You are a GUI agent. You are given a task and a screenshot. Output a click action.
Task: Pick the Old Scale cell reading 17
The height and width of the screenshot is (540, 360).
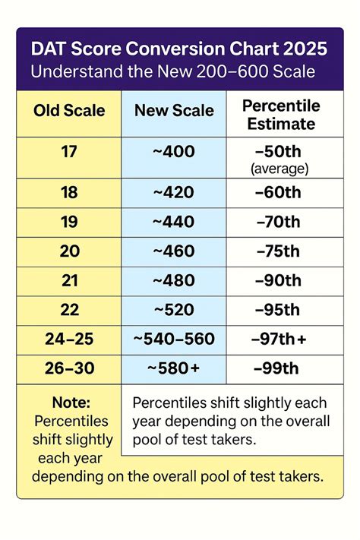[69, 151]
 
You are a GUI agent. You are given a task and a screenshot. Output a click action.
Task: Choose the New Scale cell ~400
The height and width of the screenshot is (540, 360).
[173, 152]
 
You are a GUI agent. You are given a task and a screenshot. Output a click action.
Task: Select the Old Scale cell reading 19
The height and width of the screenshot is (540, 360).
[69, 223]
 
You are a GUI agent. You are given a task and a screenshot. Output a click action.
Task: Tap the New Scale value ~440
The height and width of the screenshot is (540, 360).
[173, 223]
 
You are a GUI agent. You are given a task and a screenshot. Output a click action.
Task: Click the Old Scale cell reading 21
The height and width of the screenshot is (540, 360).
[69, 280]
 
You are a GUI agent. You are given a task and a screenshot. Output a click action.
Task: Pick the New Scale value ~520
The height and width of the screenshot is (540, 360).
[173, 310]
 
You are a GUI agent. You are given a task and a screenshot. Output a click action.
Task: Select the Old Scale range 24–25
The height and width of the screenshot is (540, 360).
[69, 339]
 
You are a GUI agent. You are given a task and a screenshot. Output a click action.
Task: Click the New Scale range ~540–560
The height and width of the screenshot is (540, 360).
[173, 339]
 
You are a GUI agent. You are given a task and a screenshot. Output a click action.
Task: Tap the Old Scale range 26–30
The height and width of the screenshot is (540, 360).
[69, 368]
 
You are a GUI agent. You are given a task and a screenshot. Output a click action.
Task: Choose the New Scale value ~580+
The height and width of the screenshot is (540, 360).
[173, 368]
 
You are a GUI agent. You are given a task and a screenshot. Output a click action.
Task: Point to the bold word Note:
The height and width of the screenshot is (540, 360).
[71, 403]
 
